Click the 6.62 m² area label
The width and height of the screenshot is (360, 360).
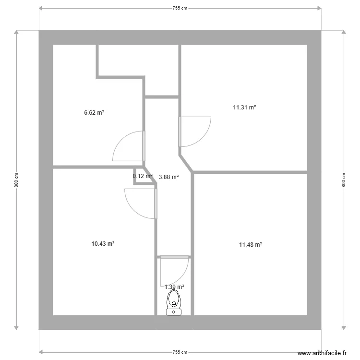(94, 113)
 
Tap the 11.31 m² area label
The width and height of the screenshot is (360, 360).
(244, 108)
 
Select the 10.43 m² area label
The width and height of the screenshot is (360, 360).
(103, 244)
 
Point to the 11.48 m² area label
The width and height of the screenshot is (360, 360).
(251, 245)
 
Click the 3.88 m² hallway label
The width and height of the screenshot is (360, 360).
(168, 177)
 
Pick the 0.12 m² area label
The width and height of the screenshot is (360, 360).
(143, 176)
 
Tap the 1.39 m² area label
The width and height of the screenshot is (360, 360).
(174, 287)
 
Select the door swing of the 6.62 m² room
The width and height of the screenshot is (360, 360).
(128, 146)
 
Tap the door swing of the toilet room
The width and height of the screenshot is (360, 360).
(174, 272)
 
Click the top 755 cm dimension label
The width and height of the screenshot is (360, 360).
(180, 8)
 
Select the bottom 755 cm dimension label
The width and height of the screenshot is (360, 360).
(180, 352)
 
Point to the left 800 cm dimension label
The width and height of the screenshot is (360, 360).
(16, 180)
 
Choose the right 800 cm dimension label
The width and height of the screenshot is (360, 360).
(344, 180)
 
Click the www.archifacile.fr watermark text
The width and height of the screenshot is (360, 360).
(322, 353)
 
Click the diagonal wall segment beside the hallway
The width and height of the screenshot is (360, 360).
(186, 163)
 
